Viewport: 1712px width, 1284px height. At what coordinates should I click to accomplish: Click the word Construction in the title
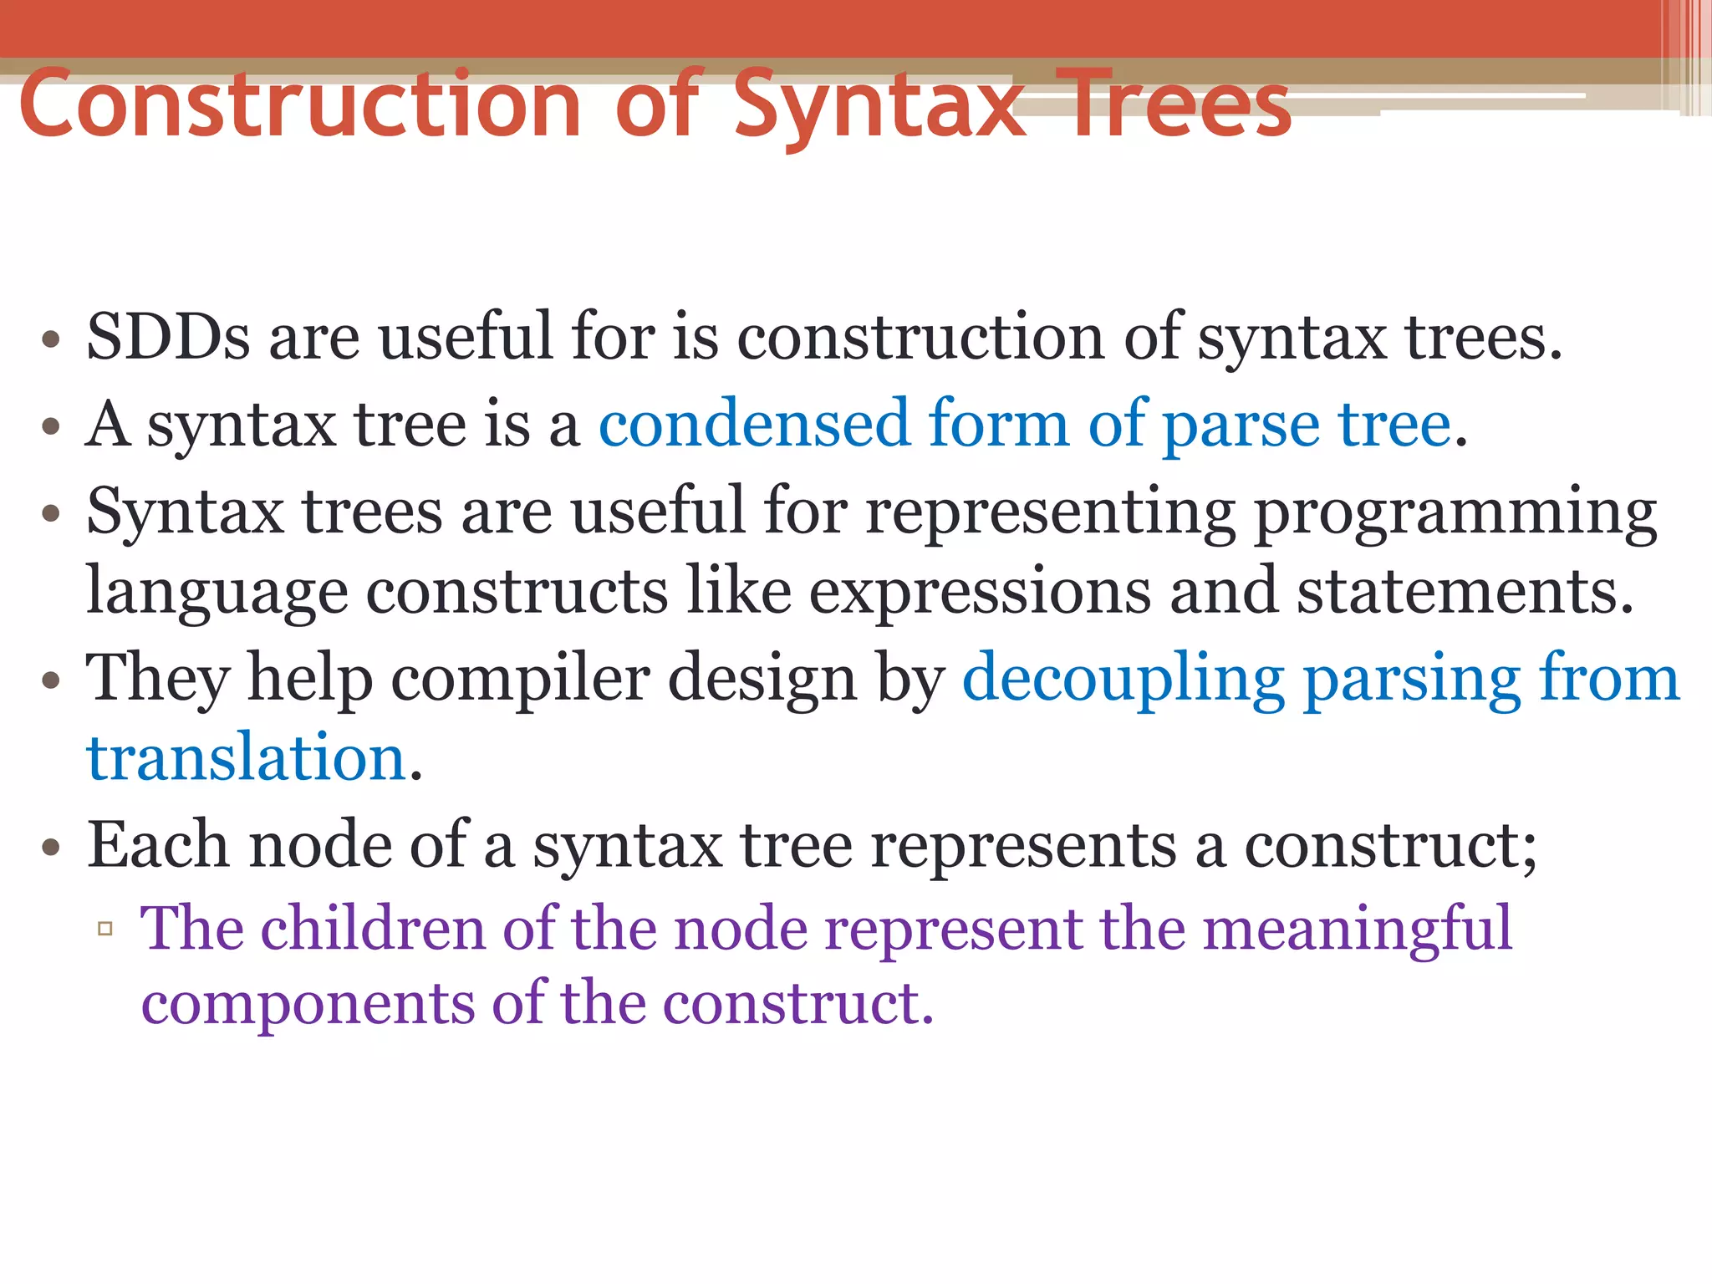pyautogui.click(x=299, y=105)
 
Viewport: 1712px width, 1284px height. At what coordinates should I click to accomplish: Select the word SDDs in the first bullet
pyautogui.click(x=168, y=337)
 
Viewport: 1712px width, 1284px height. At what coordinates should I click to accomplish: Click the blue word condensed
pyautogui.click(x=753, y=424)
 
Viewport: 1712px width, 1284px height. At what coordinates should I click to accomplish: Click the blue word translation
pyautogui.click(x=246, y=757)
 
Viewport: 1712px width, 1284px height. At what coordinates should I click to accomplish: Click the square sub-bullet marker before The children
pyautogui.click(x=105, y=929)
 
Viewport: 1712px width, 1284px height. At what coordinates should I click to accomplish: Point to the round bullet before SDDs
pyautogui.click(x=51, y=339)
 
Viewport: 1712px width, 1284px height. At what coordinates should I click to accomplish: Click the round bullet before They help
pyautogui.click(x=51, y=680)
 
